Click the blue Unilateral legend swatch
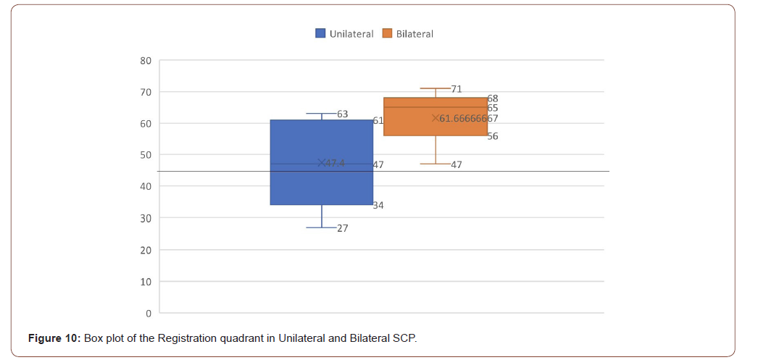pos(320,33)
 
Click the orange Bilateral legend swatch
pos(387,33)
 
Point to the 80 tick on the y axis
pos(146,60)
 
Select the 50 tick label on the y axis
pos(146,155)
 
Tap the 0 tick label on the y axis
pos(148,313)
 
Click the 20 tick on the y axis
pos(146,250)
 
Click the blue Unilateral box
pos(322,188)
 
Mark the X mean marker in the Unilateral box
pos(322,163)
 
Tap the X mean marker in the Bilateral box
pos(436,118)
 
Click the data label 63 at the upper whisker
pos(342,114)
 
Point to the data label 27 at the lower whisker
pos(342,228)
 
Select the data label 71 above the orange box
pos(456,89)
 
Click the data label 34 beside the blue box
pos(378,206)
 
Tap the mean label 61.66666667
pos(468,118)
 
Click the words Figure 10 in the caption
pos(54,338)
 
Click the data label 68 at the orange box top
pos(492,98)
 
